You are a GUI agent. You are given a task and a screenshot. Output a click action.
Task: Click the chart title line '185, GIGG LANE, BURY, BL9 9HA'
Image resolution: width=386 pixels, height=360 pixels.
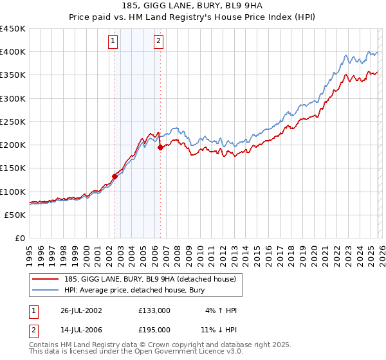point(193,7)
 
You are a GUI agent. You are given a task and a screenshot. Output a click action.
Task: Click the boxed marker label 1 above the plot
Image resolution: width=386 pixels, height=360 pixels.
point(113,42)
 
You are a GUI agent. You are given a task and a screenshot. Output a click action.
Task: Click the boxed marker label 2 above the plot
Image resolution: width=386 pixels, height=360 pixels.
point(158,42)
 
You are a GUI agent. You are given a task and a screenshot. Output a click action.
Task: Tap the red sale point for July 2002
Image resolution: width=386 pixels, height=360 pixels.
point(115,175)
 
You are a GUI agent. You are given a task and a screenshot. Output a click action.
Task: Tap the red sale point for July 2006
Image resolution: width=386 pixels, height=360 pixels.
point(160,147)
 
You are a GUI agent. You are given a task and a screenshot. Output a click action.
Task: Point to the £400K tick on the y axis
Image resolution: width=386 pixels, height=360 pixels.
point(13,52)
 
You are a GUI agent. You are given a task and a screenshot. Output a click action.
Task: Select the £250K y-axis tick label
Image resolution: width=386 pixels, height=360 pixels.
point(13,122)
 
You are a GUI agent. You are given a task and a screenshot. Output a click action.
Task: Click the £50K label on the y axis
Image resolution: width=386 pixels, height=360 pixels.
point(15,215)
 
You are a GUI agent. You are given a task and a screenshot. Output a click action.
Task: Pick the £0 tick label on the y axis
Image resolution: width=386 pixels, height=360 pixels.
point(21,238)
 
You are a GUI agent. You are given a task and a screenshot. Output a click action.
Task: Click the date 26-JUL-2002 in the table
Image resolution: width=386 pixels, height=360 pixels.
point(78,310)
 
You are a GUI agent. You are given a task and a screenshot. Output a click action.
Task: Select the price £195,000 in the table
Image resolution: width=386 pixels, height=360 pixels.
point(154,329)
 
